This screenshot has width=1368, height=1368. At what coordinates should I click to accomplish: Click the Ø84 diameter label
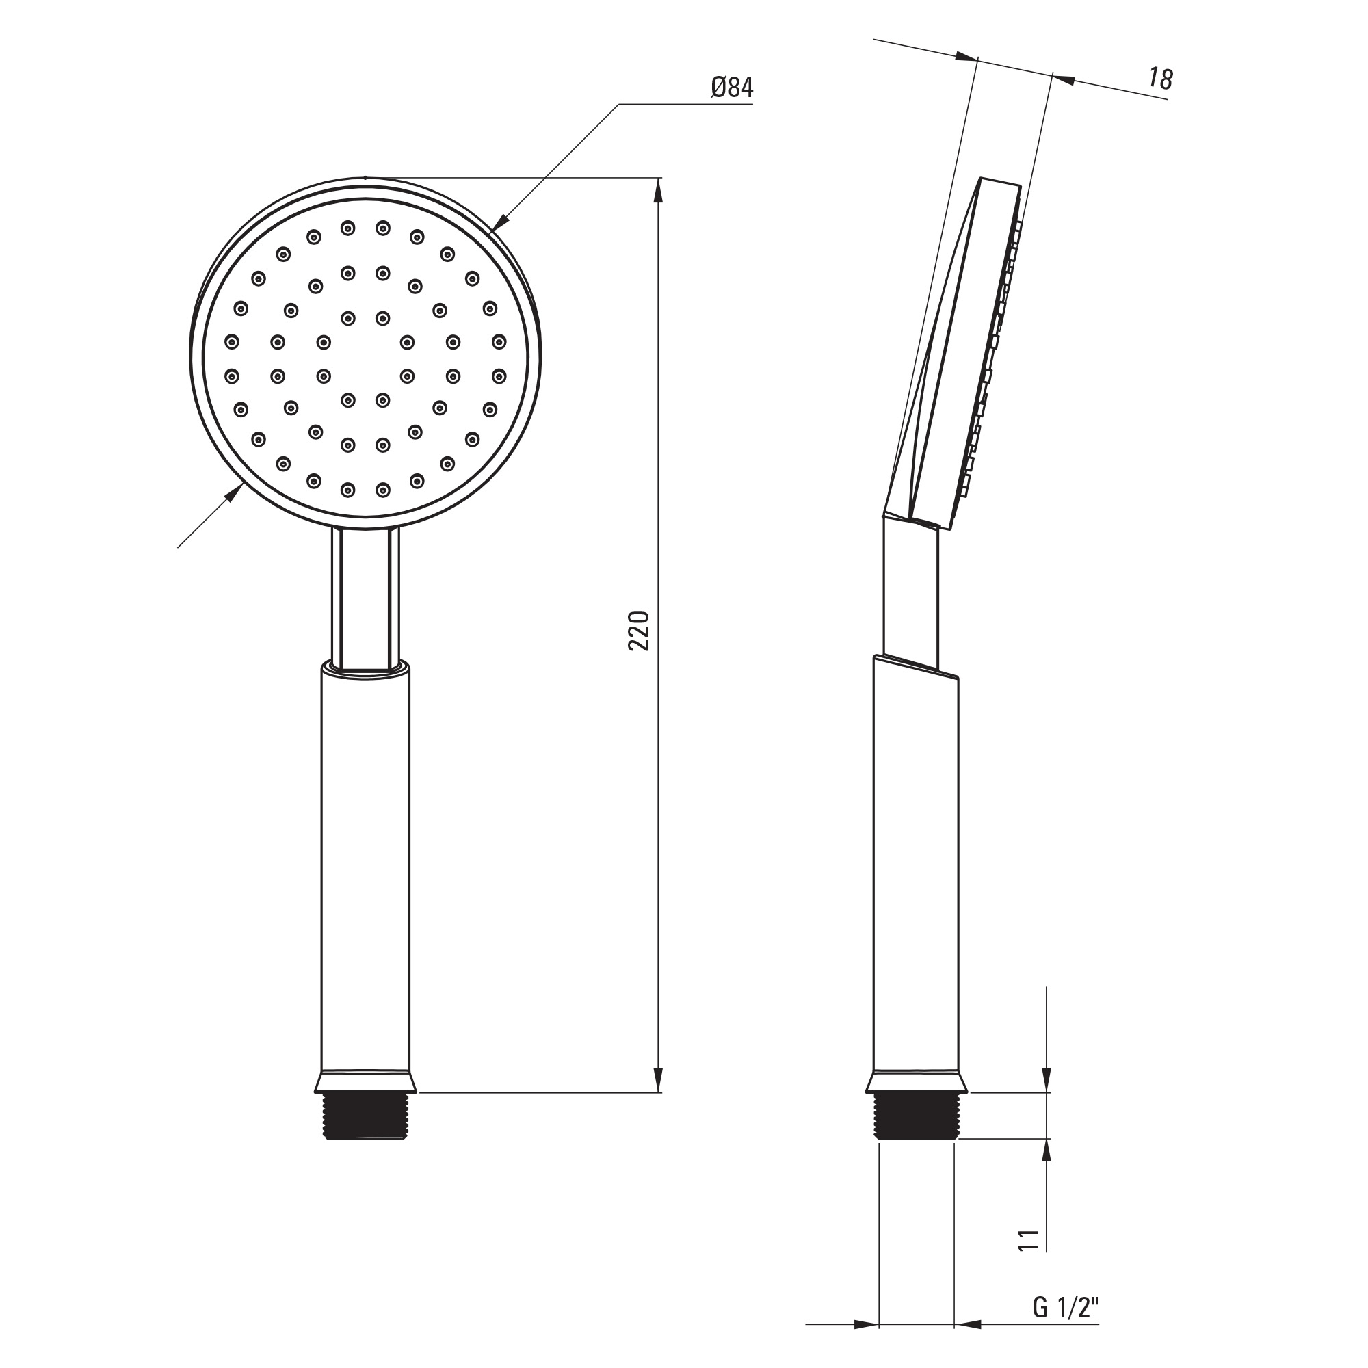[x=732, y=87]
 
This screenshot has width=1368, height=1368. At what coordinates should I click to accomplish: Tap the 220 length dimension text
[x=639, y=630]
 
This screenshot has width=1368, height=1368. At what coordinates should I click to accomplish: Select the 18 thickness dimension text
[x=1161, y=79]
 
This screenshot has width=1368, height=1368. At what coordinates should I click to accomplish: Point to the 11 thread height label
[x=1029, y=1260]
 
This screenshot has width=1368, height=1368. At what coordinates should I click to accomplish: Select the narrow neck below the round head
[x=365, y=598]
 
